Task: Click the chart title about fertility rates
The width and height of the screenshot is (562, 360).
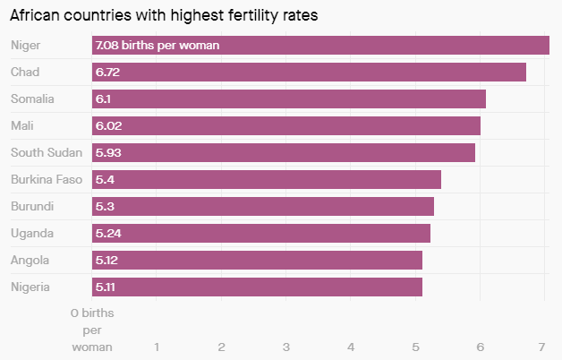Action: point(163,15)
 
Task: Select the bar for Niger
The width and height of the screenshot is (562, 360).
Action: point(320,45)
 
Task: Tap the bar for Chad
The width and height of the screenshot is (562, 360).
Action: point(309,72)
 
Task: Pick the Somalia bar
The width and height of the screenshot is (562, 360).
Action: point(288,99)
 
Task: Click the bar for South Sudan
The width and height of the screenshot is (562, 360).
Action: point(283,152)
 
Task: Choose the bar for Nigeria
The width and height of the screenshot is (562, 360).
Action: point(257,287)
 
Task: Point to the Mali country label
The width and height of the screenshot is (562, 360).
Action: point(22,125)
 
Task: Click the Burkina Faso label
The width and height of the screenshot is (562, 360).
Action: point(46,179)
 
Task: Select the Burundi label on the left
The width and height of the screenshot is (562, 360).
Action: point(31,206)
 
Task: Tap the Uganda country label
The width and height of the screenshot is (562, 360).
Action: point(31,234)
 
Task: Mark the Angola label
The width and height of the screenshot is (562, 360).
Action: point(30,261)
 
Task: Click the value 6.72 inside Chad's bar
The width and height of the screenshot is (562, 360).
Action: point(107,72)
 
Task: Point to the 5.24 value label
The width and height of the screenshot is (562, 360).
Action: point(108,234)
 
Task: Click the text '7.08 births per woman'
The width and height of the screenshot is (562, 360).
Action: point(158,45)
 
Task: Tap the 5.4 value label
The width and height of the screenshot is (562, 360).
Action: point(105,179)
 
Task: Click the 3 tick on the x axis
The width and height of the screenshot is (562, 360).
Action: point(286,347)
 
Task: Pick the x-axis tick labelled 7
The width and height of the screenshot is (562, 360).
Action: point(542,347)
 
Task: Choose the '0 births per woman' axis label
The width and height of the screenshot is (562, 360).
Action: point(92,330)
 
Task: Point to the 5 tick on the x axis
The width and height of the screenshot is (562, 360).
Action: point(415,347)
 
